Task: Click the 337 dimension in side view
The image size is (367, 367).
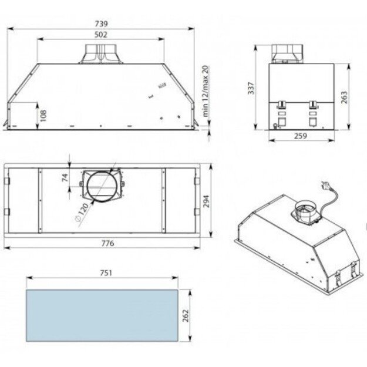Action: pos(251,88)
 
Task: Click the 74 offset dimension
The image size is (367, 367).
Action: pos(66,177)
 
